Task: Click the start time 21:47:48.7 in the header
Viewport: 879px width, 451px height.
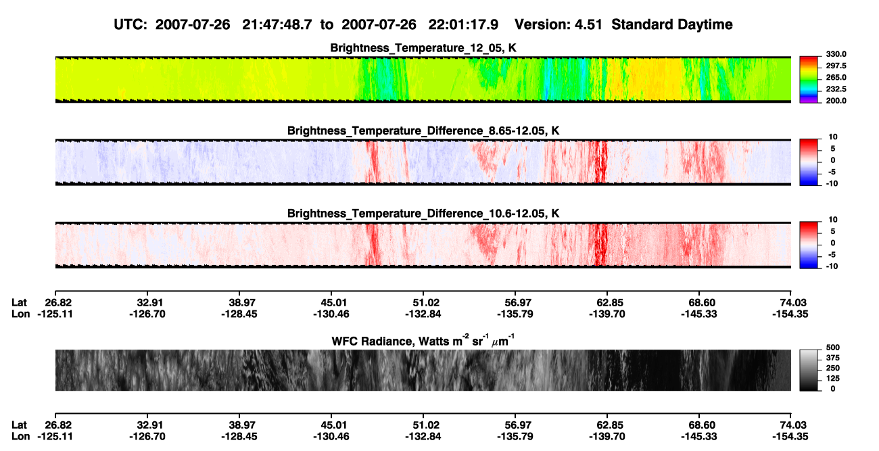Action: [277, 25]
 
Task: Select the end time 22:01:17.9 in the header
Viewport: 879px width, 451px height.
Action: [463, 25]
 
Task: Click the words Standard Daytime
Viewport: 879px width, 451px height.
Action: [672, 25]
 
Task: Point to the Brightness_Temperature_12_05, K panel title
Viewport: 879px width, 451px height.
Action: [423, 48]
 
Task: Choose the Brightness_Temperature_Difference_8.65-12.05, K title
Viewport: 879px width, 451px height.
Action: [423, 130]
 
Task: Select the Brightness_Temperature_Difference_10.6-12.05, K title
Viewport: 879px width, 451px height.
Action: [423, 214]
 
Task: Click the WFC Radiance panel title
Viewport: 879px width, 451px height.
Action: [423, 341]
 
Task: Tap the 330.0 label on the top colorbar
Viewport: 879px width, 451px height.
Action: [836, 54]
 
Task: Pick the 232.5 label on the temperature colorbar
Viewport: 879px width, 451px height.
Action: [836, 89]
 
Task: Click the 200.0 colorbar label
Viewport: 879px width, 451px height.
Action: [836, 101]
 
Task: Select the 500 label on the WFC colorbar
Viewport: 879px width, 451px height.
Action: [832, 348]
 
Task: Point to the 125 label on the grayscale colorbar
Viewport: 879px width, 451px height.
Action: [832, 379]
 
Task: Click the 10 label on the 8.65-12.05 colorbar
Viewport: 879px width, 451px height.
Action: [833, 137]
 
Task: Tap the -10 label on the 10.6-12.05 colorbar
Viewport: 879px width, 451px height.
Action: [832, 266]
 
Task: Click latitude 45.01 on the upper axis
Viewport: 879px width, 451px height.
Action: [331, 303]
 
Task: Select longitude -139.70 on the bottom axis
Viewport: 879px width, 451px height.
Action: [607, 437]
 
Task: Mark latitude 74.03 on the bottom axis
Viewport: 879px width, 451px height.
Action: [790, 425]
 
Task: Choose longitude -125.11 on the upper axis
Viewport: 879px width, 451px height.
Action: [55, 314]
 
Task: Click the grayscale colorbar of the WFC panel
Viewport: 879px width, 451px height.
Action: [809, 370]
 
